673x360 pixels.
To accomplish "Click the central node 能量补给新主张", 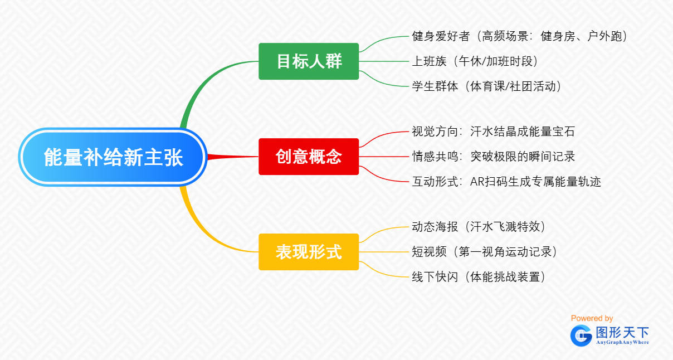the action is pyautogui.click(x=113, y=157).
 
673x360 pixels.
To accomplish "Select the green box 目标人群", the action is pyautogui.click(x=309, y=61).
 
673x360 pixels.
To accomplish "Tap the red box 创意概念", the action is pyautogui.click(x=309, y=157).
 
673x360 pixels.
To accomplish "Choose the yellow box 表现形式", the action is pyautogui.click(x=309, y=252).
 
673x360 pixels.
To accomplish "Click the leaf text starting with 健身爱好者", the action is pyautogui.click(x=519, y=36).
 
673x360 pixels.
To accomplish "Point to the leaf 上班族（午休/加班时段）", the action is pyautogui.click(x=475, y=61).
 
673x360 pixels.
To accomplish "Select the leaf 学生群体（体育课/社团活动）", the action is pyautogui.click(x=486, y=86).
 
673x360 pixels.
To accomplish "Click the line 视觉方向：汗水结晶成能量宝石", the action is pyautogui.click(x=494, y=132).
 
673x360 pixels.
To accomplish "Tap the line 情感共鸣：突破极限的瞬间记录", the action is pyautogui.click(x=494, y=157).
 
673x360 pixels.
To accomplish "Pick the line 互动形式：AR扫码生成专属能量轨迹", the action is pyautogui.click(x=506, y=182).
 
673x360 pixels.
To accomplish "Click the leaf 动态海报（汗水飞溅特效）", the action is pyautogui.click(x=479, y=227).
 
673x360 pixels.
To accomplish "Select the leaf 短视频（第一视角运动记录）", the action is pyautogui.click(x=484, y=252).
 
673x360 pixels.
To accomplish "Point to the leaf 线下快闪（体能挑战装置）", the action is pyautogui.click(x=479, y=277).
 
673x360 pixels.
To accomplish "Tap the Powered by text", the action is pyautogui.click(x=592, y=318).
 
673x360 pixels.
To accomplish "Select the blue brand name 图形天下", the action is pyautogui.click(x=622, y=332).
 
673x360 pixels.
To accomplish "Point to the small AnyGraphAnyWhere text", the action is pyautogui.click(x=622, y=342).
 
